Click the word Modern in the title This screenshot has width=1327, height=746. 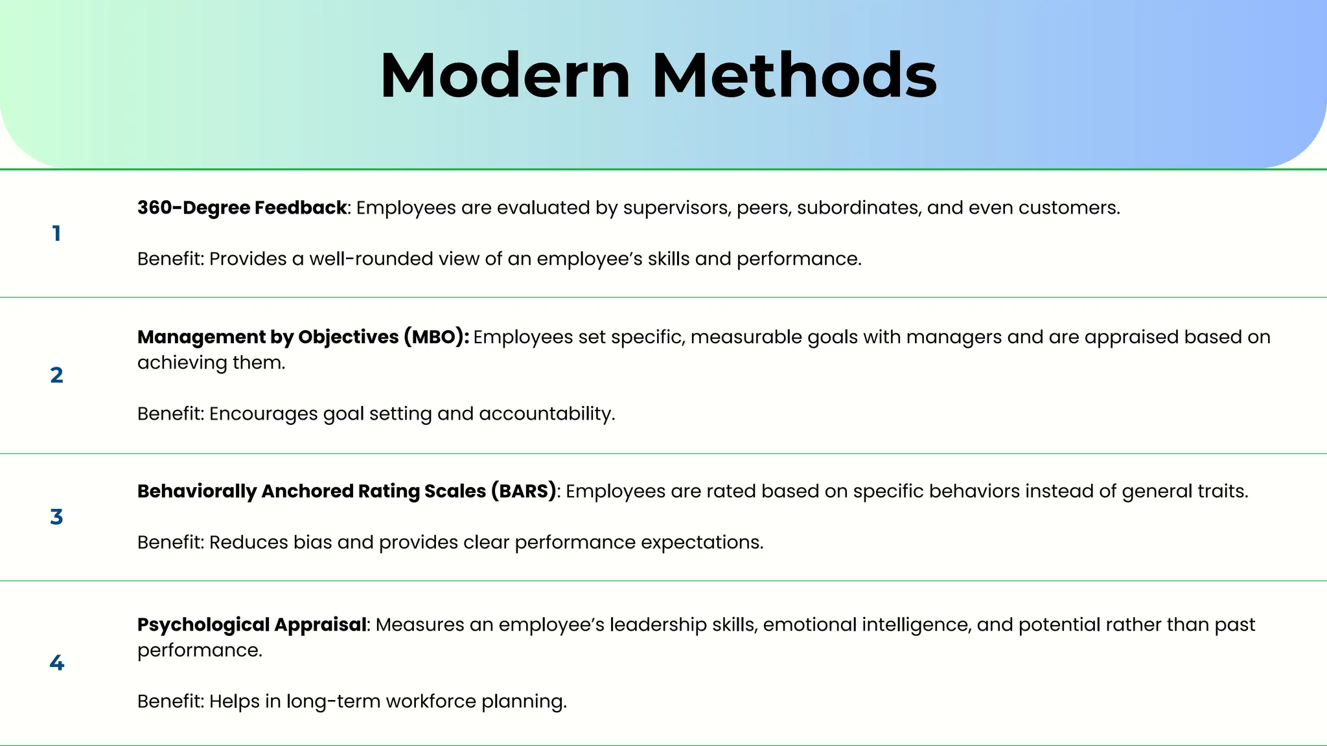505,76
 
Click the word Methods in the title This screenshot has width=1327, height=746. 794,76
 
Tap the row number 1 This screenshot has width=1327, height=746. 57,234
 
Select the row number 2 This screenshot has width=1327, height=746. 57,375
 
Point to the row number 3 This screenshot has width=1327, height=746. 57,517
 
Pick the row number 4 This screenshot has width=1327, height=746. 57,662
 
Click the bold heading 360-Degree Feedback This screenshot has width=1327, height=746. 242,208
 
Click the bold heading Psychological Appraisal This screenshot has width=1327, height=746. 251,625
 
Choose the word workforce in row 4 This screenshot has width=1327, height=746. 431,702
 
